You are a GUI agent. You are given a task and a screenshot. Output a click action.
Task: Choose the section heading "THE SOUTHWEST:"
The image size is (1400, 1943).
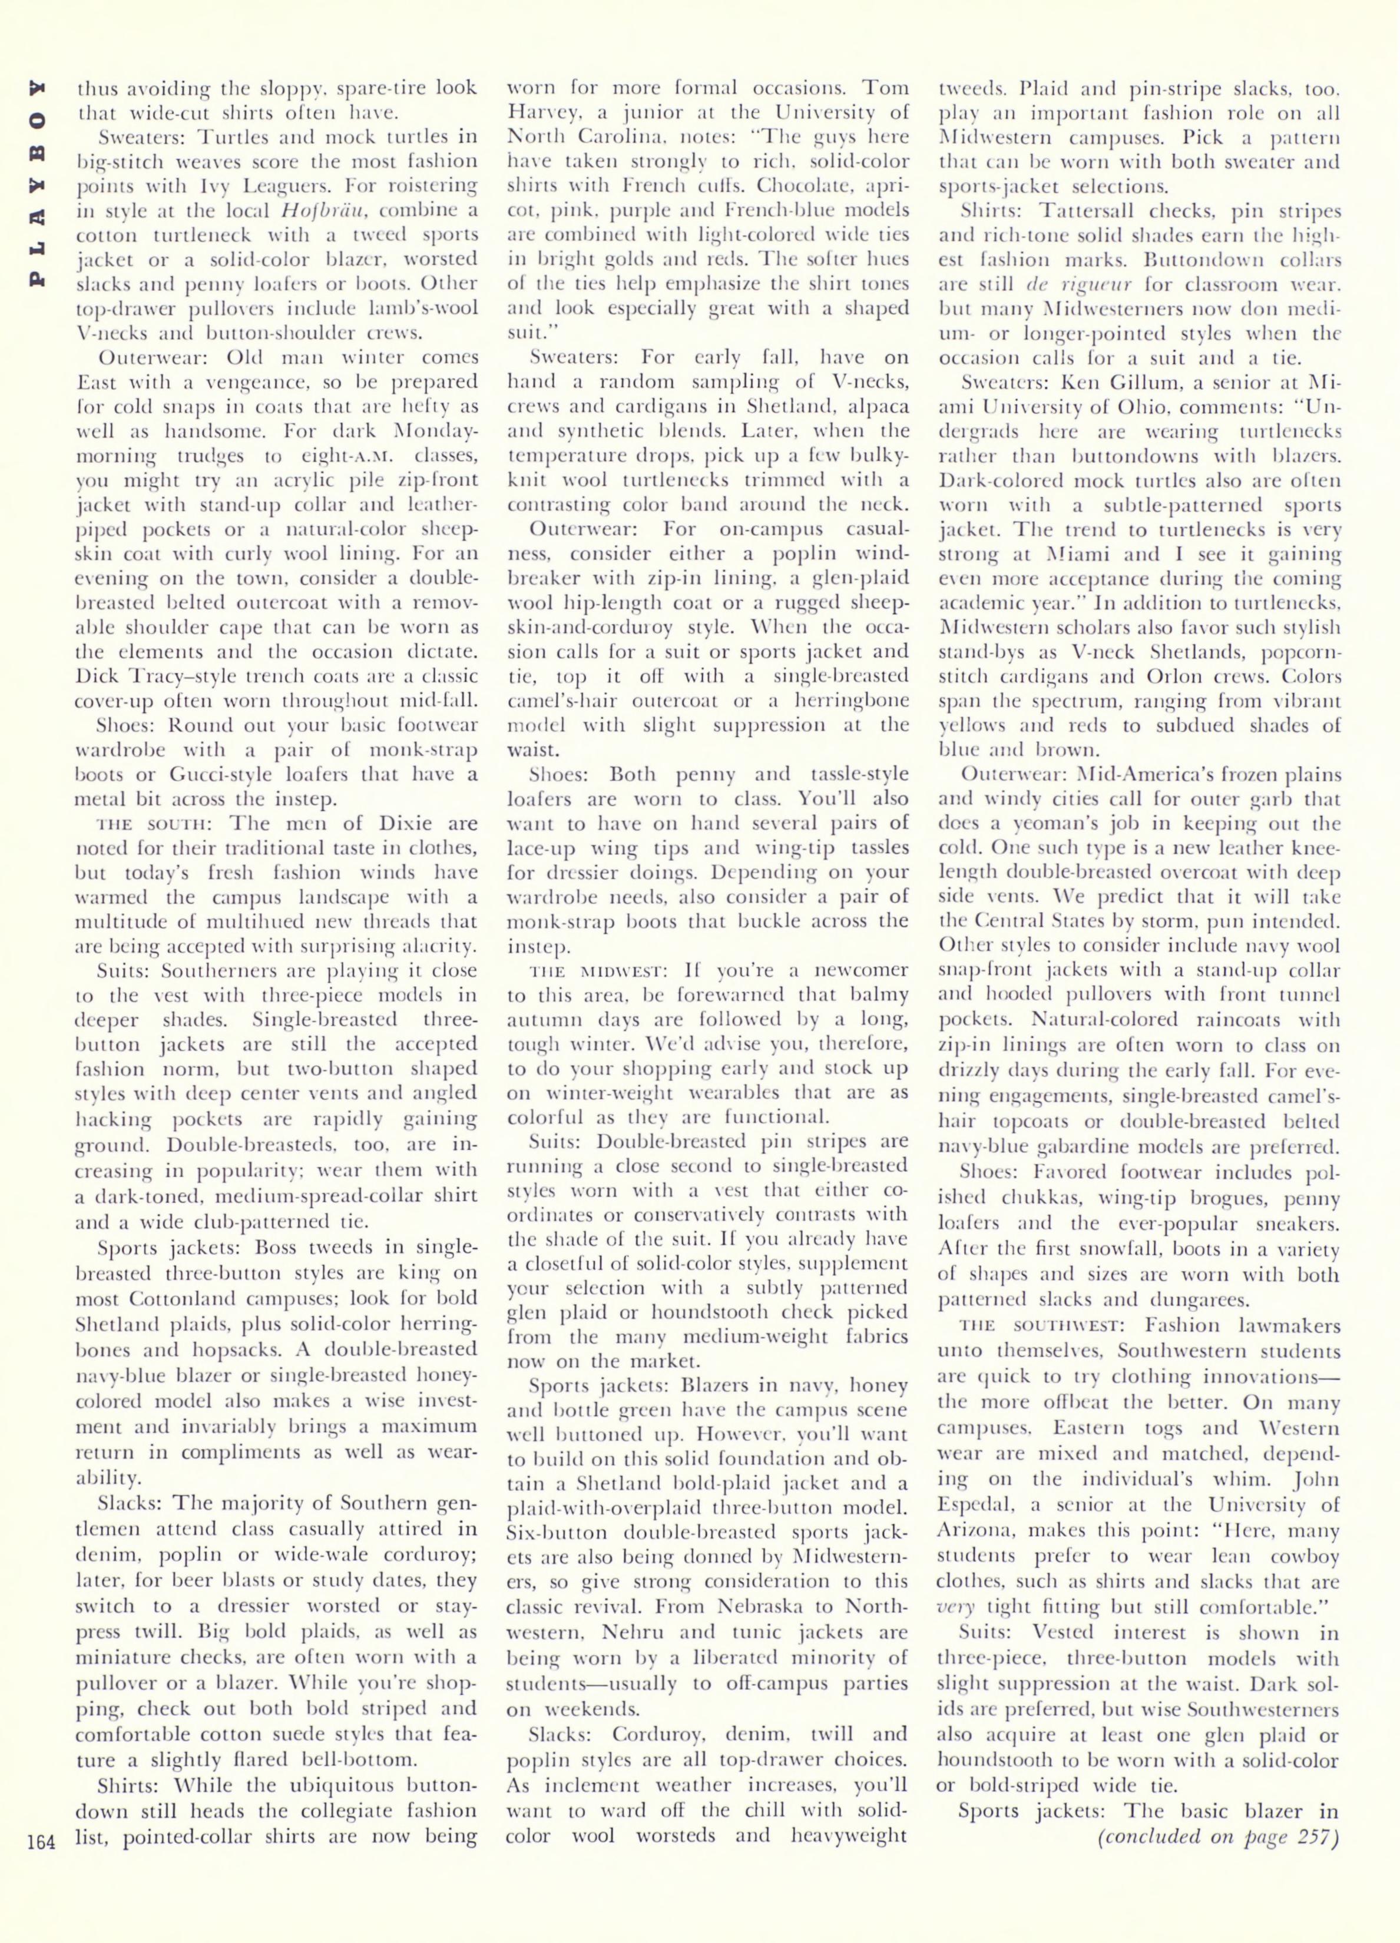(1038, 1326)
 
